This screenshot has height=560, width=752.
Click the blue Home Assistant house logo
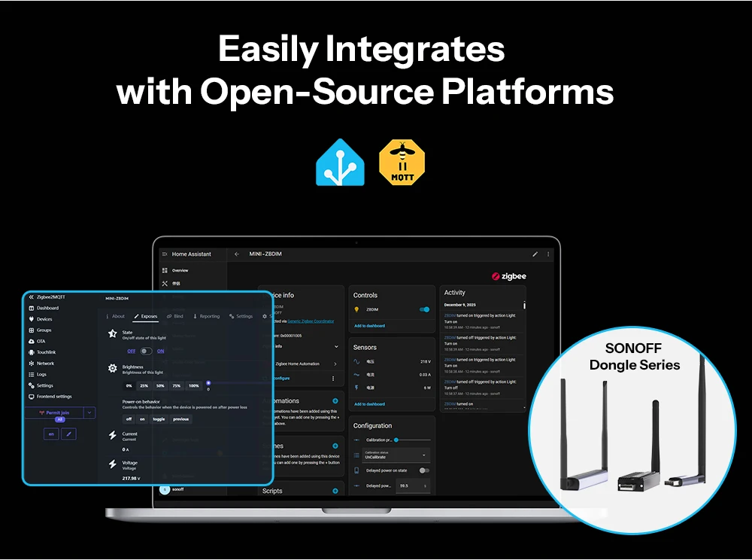tap(341, 162)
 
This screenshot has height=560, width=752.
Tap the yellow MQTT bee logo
tap(402, 162)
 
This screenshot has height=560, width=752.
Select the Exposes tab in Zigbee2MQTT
tap(145, 316)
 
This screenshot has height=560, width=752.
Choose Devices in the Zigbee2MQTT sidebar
tap(44, 319)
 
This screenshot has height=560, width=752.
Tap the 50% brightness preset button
tap(160, 385)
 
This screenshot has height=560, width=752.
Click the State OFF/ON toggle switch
tap(146, 351)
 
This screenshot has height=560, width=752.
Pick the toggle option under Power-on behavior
tap(159, 419)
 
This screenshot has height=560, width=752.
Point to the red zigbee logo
tap(508, 276)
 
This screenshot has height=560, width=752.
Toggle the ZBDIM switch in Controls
tap(424, 309)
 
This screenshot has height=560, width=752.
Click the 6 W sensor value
tap(426, 388)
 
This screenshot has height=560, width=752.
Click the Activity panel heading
tap(455, 293)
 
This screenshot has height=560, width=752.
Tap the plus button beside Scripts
tap(335, 491)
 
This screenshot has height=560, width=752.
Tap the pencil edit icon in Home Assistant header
tap(535, 254)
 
